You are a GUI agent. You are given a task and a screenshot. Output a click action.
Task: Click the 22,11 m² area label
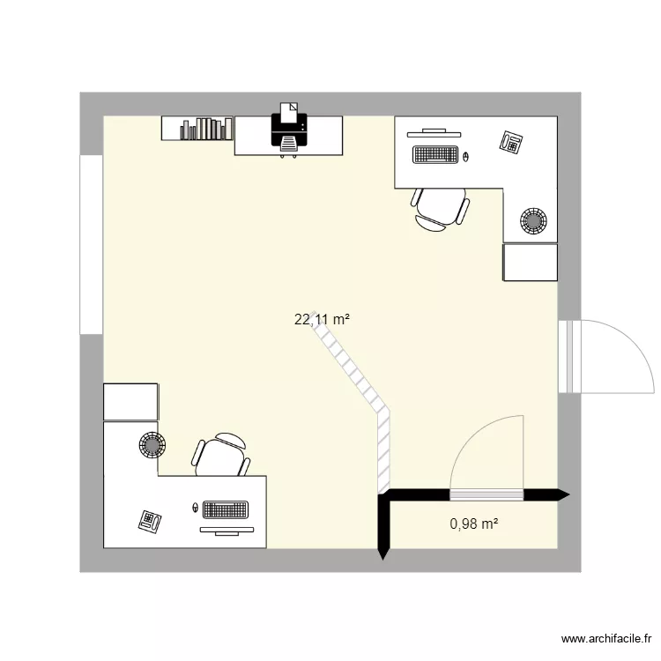323,321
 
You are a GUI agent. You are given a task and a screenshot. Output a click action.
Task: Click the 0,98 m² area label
474,524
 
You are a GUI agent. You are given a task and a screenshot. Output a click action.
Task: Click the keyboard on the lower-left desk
225,509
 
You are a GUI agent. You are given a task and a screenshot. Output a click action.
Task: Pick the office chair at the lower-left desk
219,454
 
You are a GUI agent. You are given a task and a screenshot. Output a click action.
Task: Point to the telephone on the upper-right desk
512,141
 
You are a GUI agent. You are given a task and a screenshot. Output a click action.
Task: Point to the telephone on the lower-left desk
149,521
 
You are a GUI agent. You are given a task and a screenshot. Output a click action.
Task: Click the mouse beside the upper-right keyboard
465,157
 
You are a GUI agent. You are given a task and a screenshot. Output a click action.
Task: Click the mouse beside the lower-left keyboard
195,509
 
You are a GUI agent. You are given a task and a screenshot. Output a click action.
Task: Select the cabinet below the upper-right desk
530,263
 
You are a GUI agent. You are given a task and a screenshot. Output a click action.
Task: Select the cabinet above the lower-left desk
130,402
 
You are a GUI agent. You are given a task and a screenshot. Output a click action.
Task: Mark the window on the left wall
91,244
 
